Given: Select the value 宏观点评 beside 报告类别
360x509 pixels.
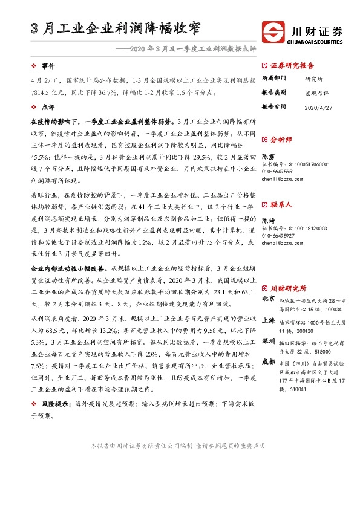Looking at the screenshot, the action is (317, 92).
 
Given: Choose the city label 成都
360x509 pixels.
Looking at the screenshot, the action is (268, 361).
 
